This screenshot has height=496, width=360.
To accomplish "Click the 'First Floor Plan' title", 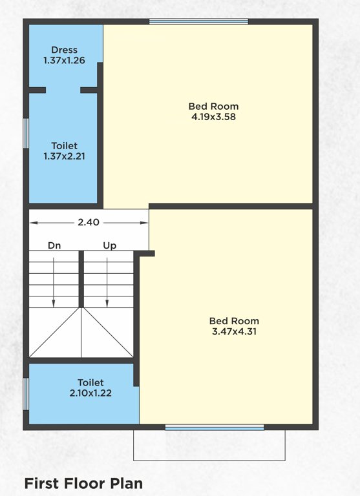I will coord(83,482).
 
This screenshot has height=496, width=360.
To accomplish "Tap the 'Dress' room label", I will coord(65,50).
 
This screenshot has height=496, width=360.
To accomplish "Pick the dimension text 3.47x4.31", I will coord(234,332).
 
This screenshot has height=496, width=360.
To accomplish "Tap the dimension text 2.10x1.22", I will coord(90,393).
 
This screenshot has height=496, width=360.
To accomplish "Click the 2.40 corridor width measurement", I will coord(89,222).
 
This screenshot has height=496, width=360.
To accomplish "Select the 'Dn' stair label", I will coord(54,245).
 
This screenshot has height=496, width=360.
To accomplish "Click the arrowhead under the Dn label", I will coord(54,303).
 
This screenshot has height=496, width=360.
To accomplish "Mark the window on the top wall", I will coord(198,21).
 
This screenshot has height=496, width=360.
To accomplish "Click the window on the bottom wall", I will coord(215,427).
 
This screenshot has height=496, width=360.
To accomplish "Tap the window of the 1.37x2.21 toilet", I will coord(26,133).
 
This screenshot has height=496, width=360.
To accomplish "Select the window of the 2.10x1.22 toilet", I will coord(26,393).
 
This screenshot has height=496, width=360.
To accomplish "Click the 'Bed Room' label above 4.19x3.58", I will coord(213,107).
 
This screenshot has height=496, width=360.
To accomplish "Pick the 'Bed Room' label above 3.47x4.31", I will coord(234,321).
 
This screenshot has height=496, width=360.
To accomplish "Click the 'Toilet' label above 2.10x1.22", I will coord(90,382).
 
